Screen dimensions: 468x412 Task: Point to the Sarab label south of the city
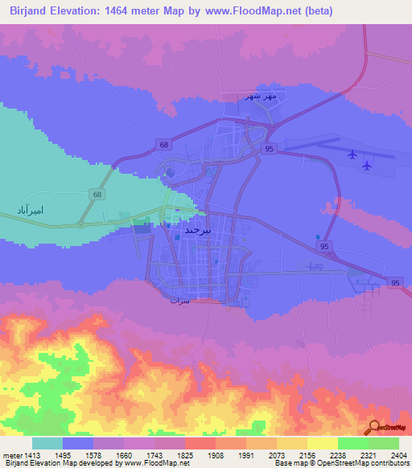(x=179, y=300)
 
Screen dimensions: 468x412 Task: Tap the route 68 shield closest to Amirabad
(x=97, y=194)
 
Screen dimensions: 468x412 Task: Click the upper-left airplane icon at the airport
(x=352, y=154)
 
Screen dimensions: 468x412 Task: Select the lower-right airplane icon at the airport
(x=367, y=166)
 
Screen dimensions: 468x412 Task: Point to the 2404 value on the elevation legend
(x=399, y=455)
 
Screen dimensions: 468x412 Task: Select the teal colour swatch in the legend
(x=47, y=443)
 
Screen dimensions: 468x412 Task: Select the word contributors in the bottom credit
(x=389, y=464)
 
